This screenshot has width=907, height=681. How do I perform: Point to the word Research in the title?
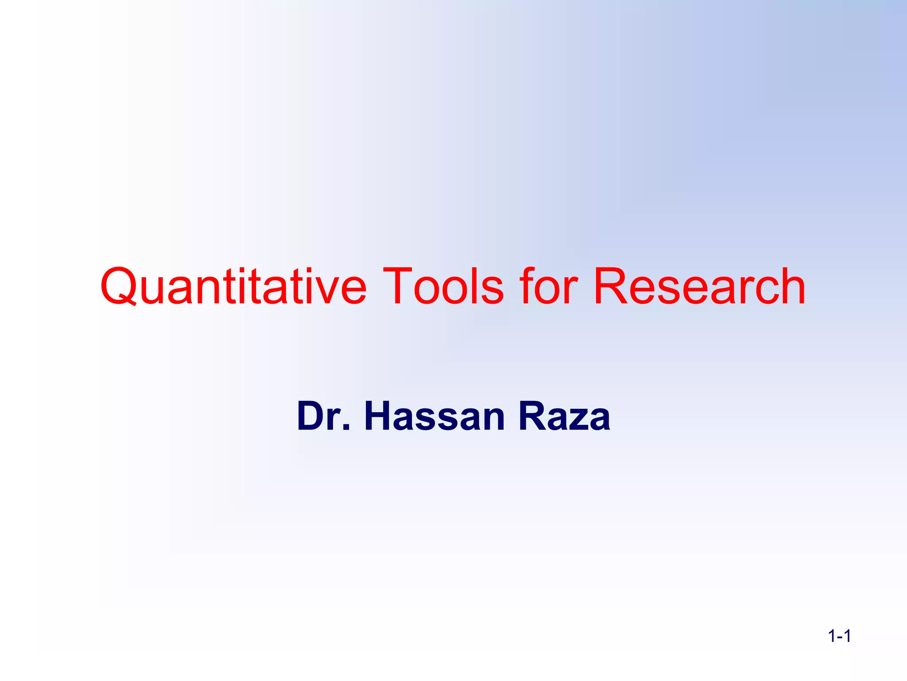coord(699,287)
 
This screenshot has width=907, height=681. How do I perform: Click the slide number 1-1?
coord(839,637)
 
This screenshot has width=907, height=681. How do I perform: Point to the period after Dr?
coord(346,428)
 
